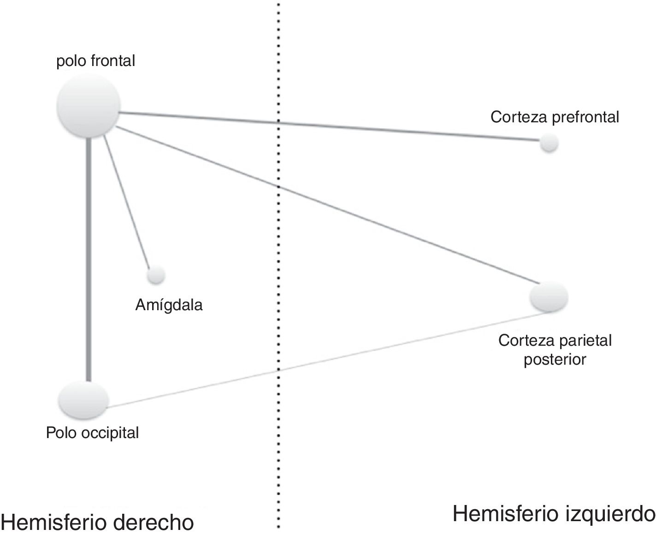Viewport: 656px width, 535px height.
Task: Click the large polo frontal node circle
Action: (88, 106)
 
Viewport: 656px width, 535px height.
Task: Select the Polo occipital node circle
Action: (84, 400)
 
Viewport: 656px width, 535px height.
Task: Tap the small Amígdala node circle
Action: (156, 276)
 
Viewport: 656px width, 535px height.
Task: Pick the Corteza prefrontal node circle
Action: (549, 143)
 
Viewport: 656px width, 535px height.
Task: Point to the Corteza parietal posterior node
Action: (549, 297)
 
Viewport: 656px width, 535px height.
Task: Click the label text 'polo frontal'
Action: (95, 61)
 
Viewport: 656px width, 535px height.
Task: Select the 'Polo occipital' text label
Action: (92, 433)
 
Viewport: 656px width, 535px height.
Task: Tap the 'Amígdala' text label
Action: (169, 305)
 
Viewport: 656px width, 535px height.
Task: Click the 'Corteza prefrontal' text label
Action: (555, 117)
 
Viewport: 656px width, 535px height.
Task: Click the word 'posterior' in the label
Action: (555, 360)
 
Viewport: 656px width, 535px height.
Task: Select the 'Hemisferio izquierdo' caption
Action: (554, 514)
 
